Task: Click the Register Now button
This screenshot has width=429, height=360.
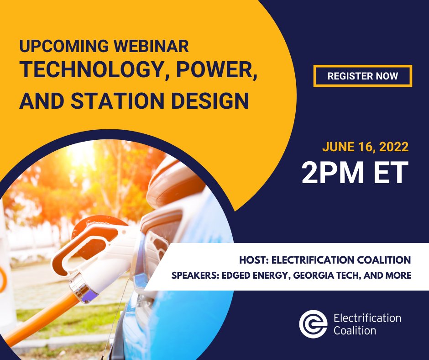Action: [362, 76]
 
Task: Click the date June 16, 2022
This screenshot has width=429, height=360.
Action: [365, 147]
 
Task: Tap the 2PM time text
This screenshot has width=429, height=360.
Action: [331, 173]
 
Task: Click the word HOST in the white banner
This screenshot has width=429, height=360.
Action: [253, 260]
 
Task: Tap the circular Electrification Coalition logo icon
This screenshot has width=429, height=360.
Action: [313, 324]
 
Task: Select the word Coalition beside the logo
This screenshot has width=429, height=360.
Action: [355, 330]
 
